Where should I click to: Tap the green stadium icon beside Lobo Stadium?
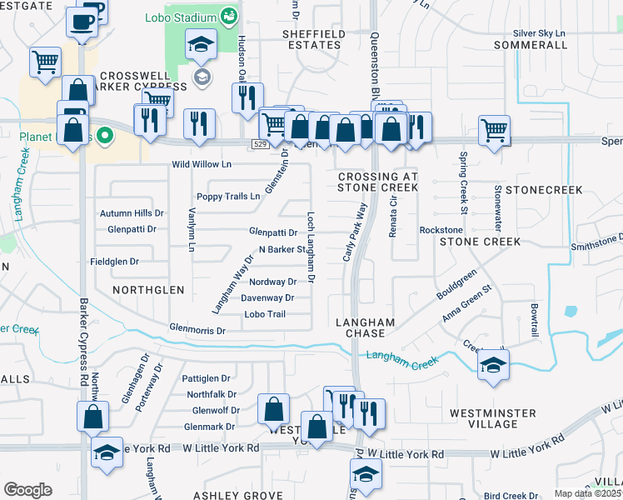[x=228, y=16]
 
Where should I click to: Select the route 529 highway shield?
[x=260, y=144]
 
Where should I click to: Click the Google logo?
[x=27, y=489]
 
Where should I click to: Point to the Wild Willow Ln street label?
[x=201, y=165]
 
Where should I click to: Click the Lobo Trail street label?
[x=265, y=314]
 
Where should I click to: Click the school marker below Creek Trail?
[x=494, y=365]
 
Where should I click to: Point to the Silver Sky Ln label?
[x=539, y=32]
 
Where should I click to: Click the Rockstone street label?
[x=441, y=230]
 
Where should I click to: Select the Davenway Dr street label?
[x=267, y=297]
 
